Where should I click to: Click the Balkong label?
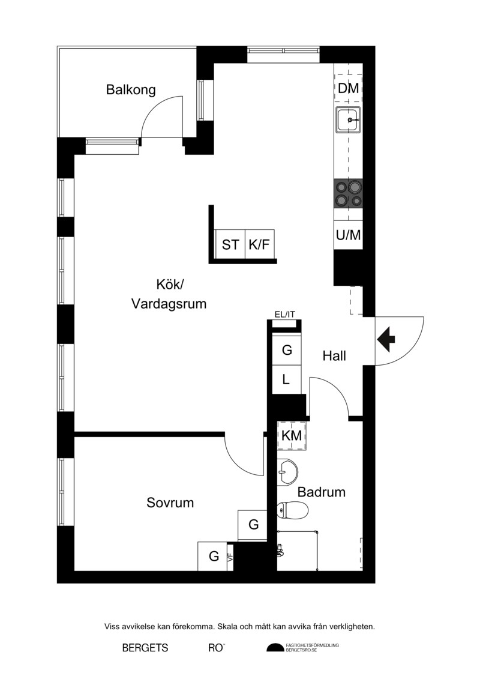[131, 90]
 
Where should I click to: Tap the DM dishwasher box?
[348, 88]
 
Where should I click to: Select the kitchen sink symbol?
[348, 120]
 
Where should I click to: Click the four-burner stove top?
[348, 193]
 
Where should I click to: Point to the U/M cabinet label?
[348, 235]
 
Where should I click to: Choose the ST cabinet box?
[230, 244]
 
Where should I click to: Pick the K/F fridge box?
[260, 244]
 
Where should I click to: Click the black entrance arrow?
[386, 340]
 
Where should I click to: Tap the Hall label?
[334, 356]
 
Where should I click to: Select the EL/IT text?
[285, 314]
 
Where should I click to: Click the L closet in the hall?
[287, 379]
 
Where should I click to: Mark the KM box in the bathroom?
[292, 436]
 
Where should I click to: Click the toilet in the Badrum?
[292, 510]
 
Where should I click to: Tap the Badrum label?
[322, 492]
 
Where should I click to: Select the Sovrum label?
[170, 502]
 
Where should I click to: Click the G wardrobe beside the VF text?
[213, 557]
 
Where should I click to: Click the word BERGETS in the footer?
[145, 648]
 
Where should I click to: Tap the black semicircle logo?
[275, 648]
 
